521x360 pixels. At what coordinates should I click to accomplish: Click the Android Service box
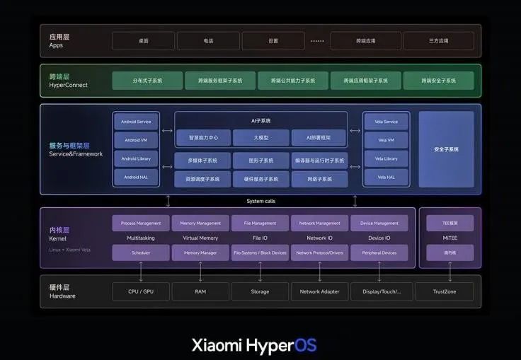tap(136, 122)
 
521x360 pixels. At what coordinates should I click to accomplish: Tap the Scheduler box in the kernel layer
tap(141, 252)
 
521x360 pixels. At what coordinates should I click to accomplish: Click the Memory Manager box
tap(200, 252)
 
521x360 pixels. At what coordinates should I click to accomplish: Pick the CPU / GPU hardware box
tap(141, 291)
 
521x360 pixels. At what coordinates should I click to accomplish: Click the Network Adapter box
tap(319, 291)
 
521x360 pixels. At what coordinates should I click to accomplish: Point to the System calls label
tap(260, 201)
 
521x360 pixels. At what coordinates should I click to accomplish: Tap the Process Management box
tap(141, 223)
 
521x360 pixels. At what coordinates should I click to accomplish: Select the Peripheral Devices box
tap(379, 252)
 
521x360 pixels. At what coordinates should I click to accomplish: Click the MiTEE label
tap(450, 238)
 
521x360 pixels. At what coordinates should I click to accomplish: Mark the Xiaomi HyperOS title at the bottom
tap(254, 345)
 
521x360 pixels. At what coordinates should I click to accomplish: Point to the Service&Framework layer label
tap(76, 153)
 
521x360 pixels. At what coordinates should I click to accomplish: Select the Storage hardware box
tap(260, 291)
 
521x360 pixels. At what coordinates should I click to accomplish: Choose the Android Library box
tap(136, 158)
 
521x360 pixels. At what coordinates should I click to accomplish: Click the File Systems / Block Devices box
tap(260, 252)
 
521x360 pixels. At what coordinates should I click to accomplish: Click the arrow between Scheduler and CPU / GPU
tap(141, 271)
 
